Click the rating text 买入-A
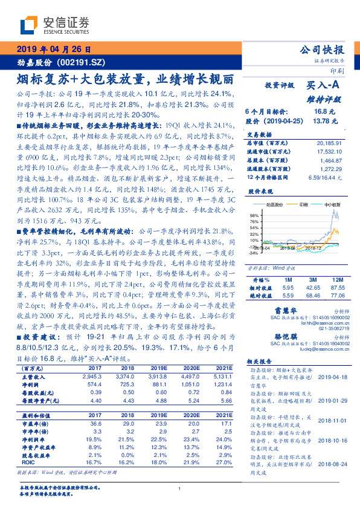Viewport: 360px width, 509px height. (323, 88)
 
